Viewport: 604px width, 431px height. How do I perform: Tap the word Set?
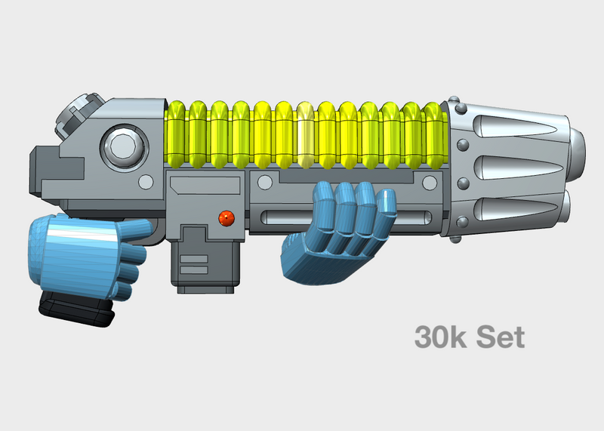[498, 337]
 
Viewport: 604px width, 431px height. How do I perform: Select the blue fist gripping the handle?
[75, 253]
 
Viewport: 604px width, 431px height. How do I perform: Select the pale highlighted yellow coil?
[306, 134]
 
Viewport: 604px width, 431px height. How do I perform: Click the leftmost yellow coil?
[177, 134]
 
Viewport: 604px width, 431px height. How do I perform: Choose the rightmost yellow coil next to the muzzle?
[433, 134]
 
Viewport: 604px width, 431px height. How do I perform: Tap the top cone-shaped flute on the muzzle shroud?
[521, 125]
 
